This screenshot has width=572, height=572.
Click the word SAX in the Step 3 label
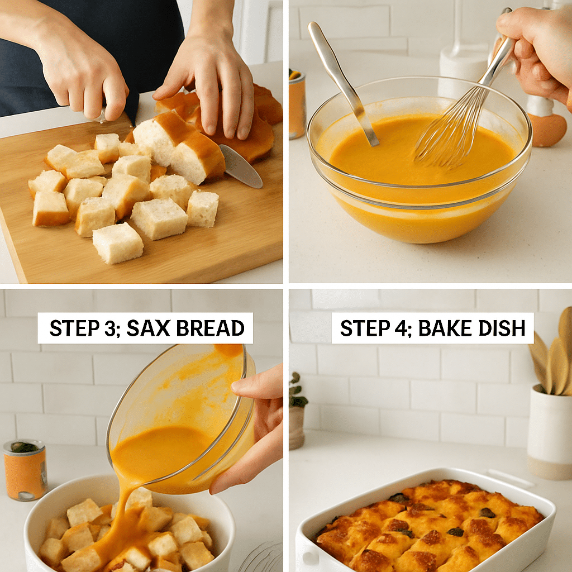click(147, 328)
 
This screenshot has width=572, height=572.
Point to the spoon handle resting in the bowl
click(341, 78)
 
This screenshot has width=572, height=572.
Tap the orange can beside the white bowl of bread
click(25, 470)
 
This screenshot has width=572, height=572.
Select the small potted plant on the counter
click(297, 413)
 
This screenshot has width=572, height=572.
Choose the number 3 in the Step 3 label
click(106, 328)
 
